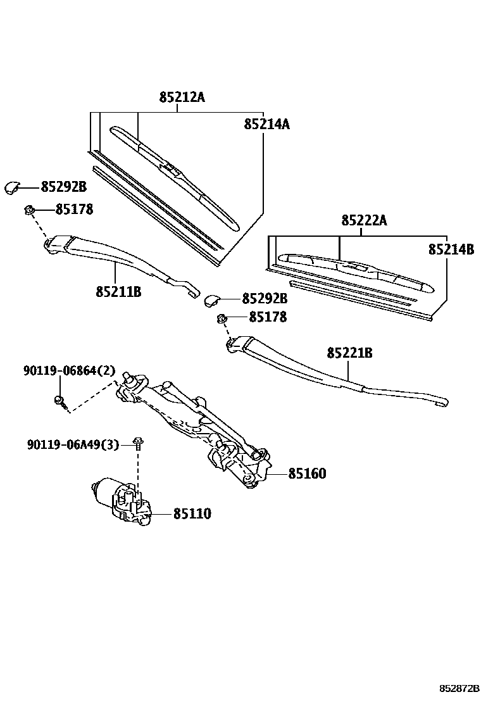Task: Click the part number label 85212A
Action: [x=182, y=97]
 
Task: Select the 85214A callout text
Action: [x=266, y=124]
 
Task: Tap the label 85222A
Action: [x=363, y=220]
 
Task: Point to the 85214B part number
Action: [x=451, y=249]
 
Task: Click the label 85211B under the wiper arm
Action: [x=118, y=292]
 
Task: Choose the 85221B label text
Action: [x=349, y=353]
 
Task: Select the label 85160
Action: [x=307, y=474]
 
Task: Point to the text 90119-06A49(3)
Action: [x=73, y=445]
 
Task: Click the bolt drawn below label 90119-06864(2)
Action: [x=59, y=401]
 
